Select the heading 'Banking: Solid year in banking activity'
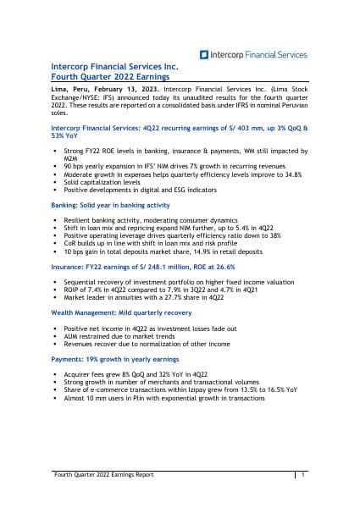point(102,206)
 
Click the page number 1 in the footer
point(302,477)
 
